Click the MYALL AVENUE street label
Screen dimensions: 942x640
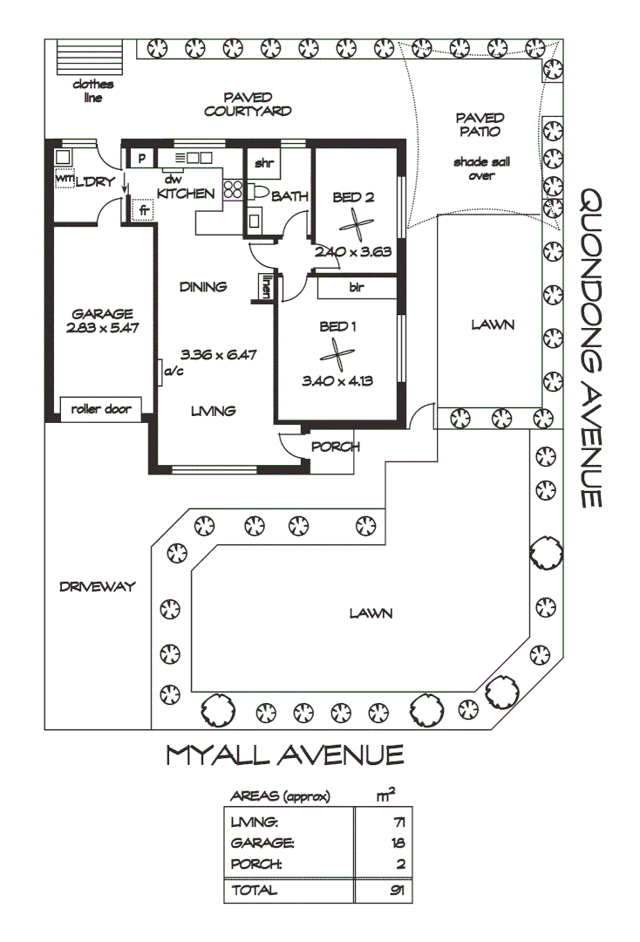[x=285, y=755]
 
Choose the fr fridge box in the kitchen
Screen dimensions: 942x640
[x=143, y=210]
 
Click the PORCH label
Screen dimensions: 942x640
[x=336, y=447]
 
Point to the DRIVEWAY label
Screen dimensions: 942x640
[x=97, y=587]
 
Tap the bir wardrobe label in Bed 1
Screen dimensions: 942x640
[x=356, y=287]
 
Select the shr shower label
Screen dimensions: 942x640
[x=263, y=163]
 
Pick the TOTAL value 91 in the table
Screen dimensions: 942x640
[x=397, y=891]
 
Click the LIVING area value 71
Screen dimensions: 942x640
[x=398, y=822]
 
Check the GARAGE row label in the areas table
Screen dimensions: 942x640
[x=262, y=843]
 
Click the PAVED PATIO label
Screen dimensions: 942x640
[x=480, y=125]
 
